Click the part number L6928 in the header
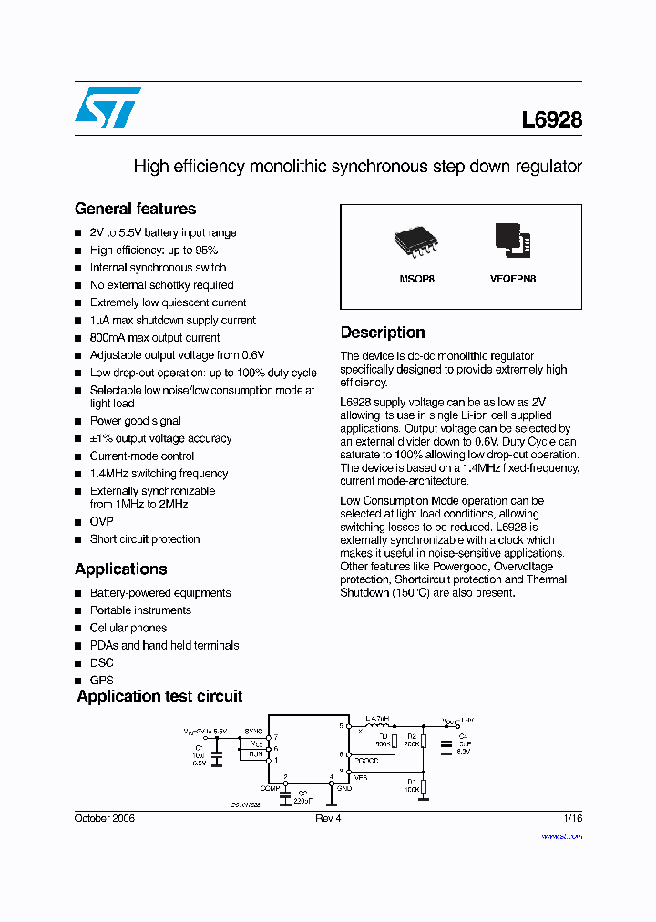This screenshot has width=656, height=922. click(551, 119)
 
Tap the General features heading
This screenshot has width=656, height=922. click(135, 209)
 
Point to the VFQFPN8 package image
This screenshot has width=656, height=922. click(513, 238)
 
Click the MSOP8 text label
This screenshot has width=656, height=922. click(417, 279)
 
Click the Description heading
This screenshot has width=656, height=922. click(383, 333)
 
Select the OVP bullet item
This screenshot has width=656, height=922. click(101, 522)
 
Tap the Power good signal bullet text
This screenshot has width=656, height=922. click(135, 421)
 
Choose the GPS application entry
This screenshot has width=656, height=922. click(101, 680)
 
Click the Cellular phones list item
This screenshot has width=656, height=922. click(128, 628)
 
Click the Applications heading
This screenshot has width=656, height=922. click(120, 569)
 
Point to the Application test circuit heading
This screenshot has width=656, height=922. click(159, 696)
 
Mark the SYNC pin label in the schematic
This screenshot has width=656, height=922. click(253, 732)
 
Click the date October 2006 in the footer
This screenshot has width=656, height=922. click(104, 818)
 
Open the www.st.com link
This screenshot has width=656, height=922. click(561, 835)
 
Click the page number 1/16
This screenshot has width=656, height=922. click(572, 818)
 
